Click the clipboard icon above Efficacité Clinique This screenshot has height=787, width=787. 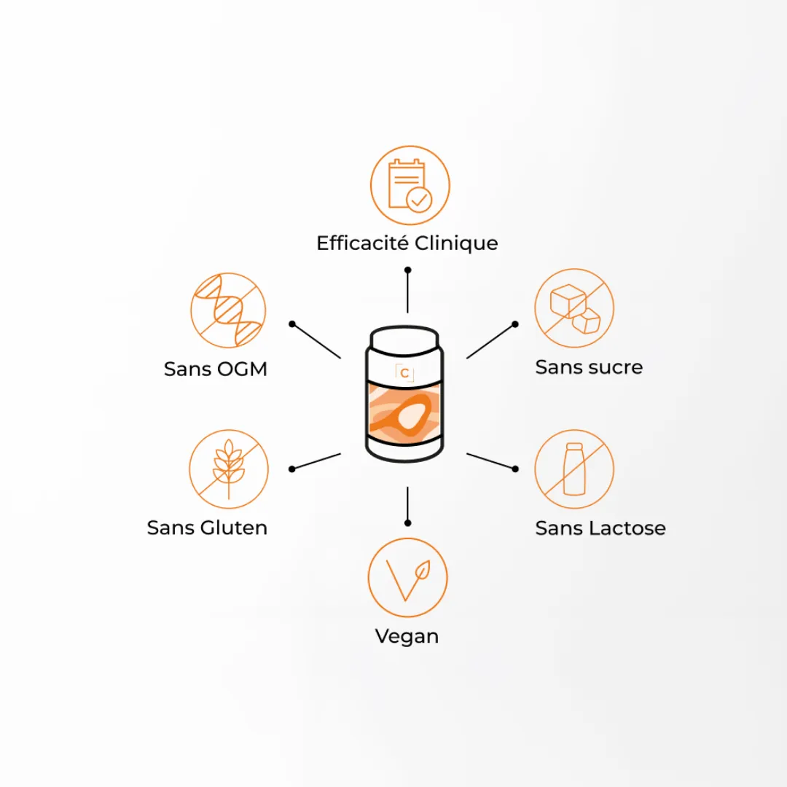pos(410,185)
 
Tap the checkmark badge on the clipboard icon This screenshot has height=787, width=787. pos(419,200)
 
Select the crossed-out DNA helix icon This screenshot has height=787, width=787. pos(228,310)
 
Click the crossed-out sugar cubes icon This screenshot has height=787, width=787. pos(574,308)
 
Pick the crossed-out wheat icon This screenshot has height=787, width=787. pos(229,469)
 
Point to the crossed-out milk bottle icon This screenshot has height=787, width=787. pos(574,469)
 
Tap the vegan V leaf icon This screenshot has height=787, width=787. pos(407,577)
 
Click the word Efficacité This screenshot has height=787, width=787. pos(362,243)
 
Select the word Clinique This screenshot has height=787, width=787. pos(456,243)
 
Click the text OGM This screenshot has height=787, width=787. pos(243,369)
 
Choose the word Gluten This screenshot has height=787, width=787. pos(234,528)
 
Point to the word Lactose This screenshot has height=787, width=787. pos(627,528)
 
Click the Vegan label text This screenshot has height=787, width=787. pos(407,636)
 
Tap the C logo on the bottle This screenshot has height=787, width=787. pos(404,373)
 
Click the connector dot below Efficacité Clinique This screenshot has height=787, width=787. pos(407,270)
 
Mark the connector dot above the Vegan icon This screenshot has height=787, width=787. pos(407,523)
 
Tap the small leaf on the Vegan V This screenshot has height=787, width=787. pos(423,570)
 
